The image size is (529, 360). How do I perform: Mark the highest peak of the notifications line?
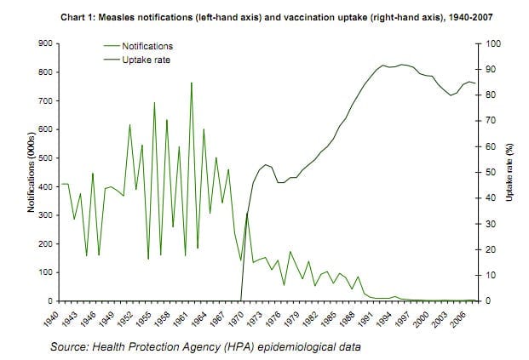[x=191, y=83]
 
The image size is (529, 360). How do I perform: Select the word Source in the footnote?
[x=71, y=346]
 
